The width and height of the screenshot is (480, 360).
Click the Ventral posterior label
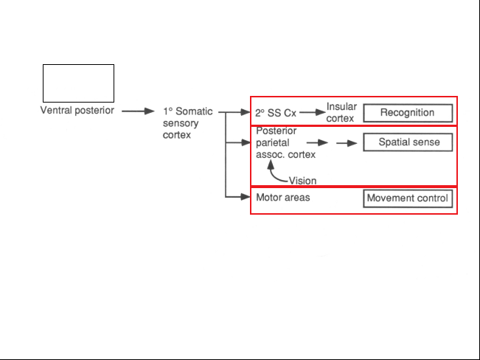77,111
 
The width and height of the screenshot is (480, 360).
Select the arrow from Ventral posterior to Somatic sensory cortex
138,111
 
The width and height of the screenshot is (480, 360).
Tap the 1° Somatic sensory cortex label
188,123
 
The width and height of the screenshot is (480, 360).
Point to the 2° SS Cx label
276,113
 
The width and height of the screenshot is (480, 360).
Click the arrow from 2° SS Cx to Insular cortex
313,112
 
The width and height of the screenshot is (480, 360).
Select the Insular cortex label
341,112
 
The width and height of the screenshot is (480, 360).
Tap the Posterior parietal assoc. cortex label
285,142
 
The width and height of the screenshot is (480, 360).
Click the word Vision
302,181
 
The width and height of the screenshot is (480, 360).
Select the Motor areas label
283,198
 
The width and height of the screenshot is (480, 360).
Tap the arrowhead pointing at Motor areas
246,197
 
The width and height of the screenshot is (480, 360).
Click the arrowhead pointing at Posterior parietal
246,142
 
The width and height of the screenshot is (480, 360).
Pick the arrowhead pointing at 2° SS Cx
246,112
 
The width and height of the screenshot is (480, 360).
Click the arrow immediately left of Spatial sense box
347,143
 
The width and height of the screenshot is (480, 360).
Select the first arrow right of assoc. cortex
317,142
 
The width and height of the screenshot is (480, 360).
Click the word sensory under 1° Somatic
181,123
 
